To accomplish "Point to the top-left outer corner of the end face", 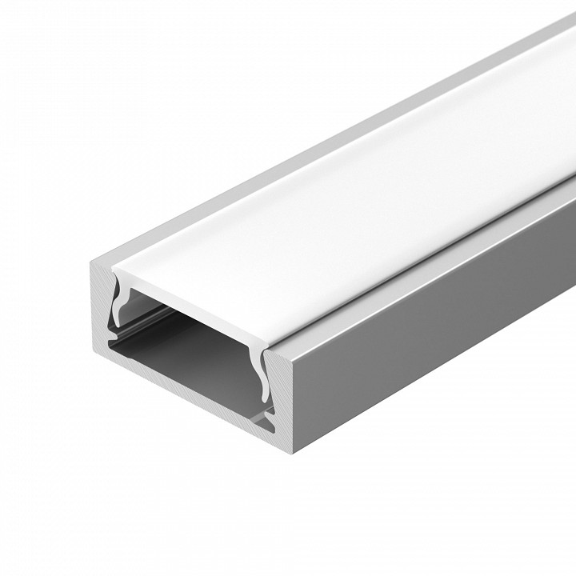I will [x=90, y=263].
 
